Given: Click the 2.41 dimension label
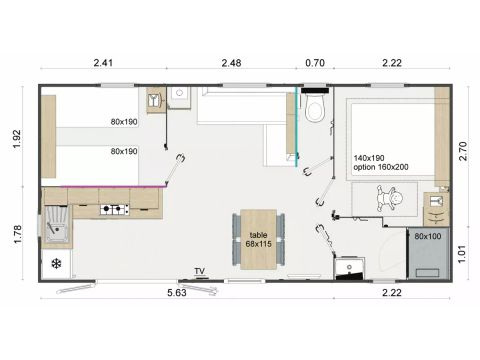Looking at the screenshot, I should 102,64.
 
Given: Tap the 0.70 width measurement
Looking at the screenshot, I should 314,64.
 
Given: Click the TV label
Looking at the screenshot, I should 200,271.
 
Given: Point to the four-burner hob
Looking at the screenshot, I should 114,210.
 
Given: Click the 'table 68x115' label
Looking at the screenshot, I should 259,238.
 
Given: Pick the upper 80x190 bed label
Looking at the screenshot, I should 126,123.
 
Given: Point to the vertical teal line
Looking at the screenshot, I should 297,130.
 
